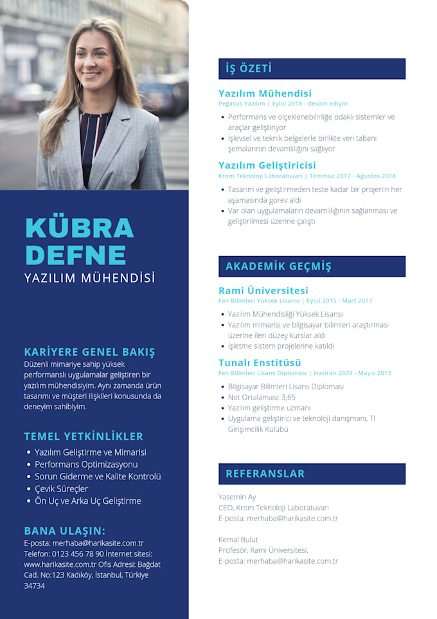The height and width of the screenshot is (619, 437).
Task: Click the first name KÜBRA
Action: click(x=79, y=228)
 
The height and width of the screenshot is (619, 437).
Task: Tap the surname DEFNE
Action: click(x=75, y=255)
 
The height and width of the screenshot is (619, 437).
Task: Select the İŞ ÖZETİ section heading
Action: click(x=249, y=68)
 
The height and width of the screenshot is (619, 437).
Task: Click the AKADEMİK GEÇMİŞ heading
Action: click(x=278, y=266)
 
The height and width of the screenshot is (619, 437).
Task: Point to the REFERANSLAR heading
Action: click(x=265, y=474)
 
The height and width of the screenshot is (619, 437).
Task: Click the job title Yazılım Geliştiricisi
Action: click(x=267, y=165)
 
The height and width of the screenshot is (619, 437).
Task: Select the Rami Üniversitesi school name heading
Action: click(x=263, y=290)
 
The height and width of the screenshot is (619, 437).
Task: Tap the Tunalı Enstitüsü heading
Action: click(x=260, y=363)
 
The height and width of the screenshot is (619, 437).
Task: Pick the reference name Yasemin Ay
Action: click(x=237, y=497)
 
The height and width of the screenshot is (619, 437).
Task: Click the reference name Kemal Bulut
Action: click(x=238, y=539)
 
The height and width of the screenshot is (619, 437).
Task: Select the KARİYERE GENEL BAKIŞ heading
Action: click(x=89, y=352)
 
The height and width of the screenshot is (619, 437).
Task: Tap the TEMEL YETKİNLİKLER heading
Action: click(x=84, y=436)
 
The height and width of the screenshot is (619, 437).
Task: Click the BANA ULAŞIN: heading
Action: click(x=64, y=531)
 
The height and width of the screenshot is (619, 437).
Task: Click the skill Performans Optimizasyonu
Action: click(x=86, y=465)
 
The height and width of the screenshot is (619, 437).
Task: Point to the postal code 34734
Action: click(x=35, y=586)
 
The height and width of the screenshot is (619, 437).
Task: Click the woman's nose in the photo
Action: click(x=94, y=62)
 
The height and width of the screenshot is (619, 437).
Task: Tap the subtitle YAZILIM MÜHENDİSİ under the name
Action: click(x=89, y=278)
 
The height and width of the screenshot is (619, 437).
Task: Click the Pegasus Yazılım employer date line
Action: click(x=283, y=103)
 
